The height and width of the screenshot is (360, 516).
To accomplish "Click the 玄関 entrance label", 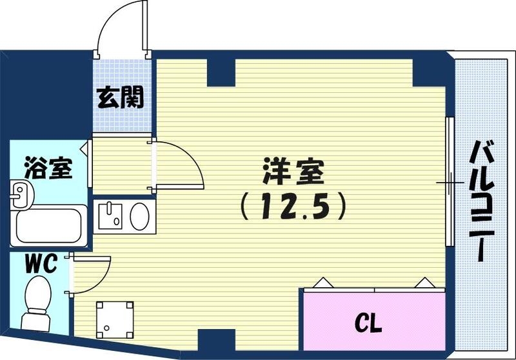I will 121,98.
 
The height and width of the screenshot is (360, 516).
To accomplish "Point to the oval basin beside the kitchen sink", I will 139,215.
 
